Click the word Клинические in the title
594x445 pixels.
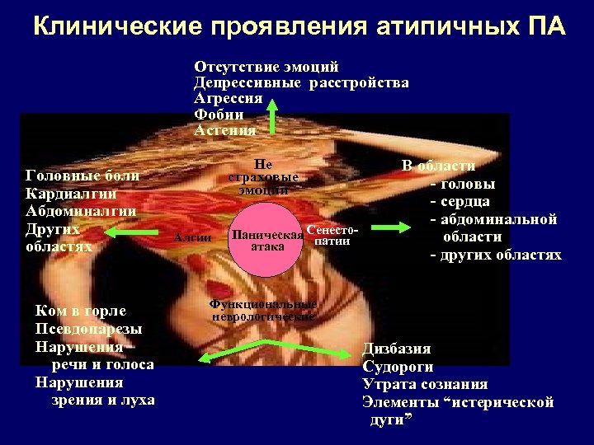coord(116,27)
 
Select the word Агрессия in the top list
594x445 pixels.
coord(228,98)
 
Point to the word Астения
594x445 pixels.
coord(224,129)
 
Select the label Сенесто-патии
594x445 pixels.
coord(332,235)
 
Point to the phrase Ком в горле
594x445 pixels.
coord(80,311)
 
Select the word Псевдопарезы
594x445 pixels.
coord(88,329)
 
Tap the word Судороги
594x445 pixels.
coord(398,367)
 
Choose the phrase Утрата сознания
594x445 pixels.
coord(425,384)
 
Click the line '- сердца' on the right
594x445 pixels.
coord(460,201)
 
